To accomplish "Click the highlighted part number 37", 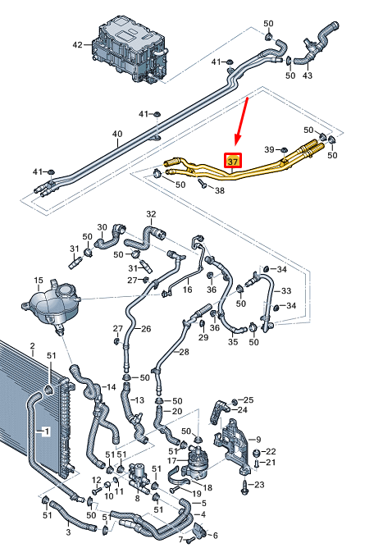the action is [233, 162].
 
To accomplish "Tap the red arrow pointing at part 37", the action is [241, 121].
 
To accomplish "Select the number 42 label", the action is [77, 45].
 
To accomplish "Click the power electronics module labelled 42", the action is [130, 50].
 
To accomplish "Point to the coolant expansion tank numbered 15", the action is [51, 305].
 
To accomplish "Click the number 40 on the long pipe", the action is [117, 134].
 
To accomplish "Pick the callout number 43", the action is [307, 75].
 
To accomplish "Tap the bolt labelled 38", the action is [203, 183].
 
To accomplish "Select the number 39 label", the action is [269, 149].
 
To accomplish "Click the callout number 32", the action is [151, 214].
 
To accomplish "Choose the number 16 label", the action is [187, 290].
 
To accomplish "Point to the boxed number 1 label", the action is [46, 431].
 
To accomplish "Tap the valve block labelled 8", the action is [138, 477].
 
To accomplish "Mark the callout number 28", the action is [184, 352].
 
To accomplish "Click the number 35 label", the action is [233, 342].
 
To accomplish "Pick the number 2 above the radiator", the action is [32, 345].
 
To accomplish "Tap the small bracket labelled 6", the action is [198, 530].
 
